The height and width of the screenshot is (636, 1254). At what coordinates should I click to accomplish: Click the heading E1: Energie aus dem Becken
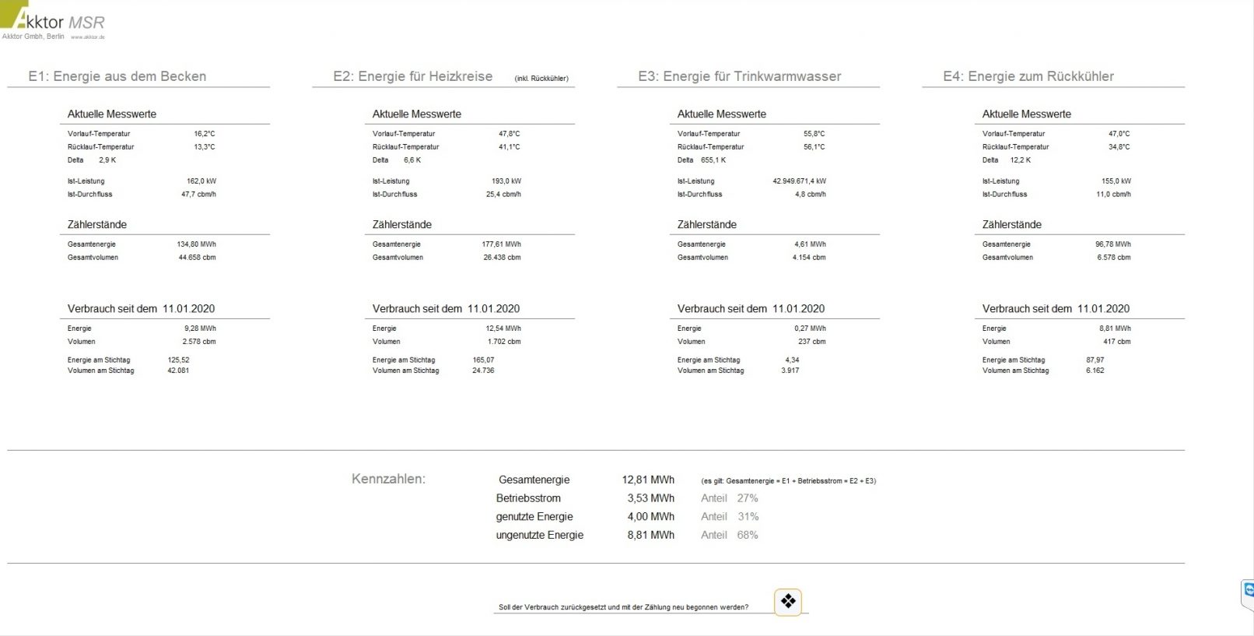[x=117, y=76]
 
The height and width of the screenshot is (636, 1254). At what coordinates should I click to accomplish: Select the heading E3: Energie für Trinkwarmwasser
[x=739, y=76]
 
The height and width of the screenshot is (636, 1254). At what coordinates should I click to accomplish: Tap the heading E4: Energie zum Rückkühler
[x=1028, y=76]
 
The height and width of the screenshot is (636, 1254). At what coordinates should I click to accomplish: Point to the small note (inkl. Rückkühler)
[x=541, y=79]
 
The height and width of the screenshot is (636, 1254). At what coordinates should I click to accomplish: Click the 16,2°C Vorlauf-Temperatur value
[x=205, y=134]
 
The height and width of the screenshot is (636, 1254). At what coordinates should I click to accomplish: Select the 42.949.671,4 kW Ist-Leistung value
[x=799, y=181]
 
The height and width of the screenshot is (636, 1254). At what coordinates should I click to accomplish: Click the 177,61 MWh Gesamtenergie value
[x=501, y=244]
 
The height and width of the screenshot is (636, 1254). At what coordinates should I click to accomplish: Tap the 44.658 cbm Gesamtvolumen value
[x=197, y=258]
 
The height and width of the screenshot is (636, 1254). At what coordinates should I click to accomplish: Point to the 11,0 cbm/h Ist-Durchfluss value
[x=1113, y=195]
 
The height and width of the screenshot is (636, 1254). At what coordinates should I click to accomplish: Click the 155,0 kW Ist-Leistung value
[x=1116, y=181]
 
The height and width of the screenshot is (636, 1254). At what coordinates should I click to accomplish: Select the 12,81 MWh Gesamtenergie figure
[x=648, y=480]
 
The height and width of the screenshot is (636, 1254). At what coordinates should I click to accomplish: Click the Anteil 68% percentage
[x=747, y=536]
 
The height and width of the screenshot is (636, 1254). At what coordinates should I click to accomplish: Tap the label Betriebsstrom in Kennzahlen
[x=528, y=498]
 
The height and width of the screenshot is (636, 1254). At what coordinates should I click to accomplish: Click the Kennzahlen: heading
[x=388, y=480]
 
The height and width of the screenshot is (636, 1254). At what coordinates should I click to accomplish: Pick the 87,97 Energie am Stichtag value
[x=1095, y=360]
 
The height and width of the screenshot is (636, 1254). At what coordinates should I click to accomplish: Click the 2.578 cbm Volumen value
[x=199, y=342]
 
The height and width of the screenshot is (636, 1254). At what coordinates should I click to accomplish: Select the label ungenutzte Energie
[x=539, y=536]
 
